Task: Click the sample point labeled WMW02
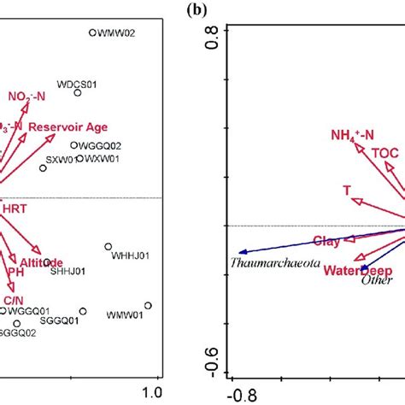[x=92, y=33]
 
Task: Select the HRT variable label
[x=15, y=208]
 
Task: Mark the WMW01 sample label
[x=123, y=315]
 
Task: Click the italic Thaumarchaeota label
[x=274, y=264]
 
